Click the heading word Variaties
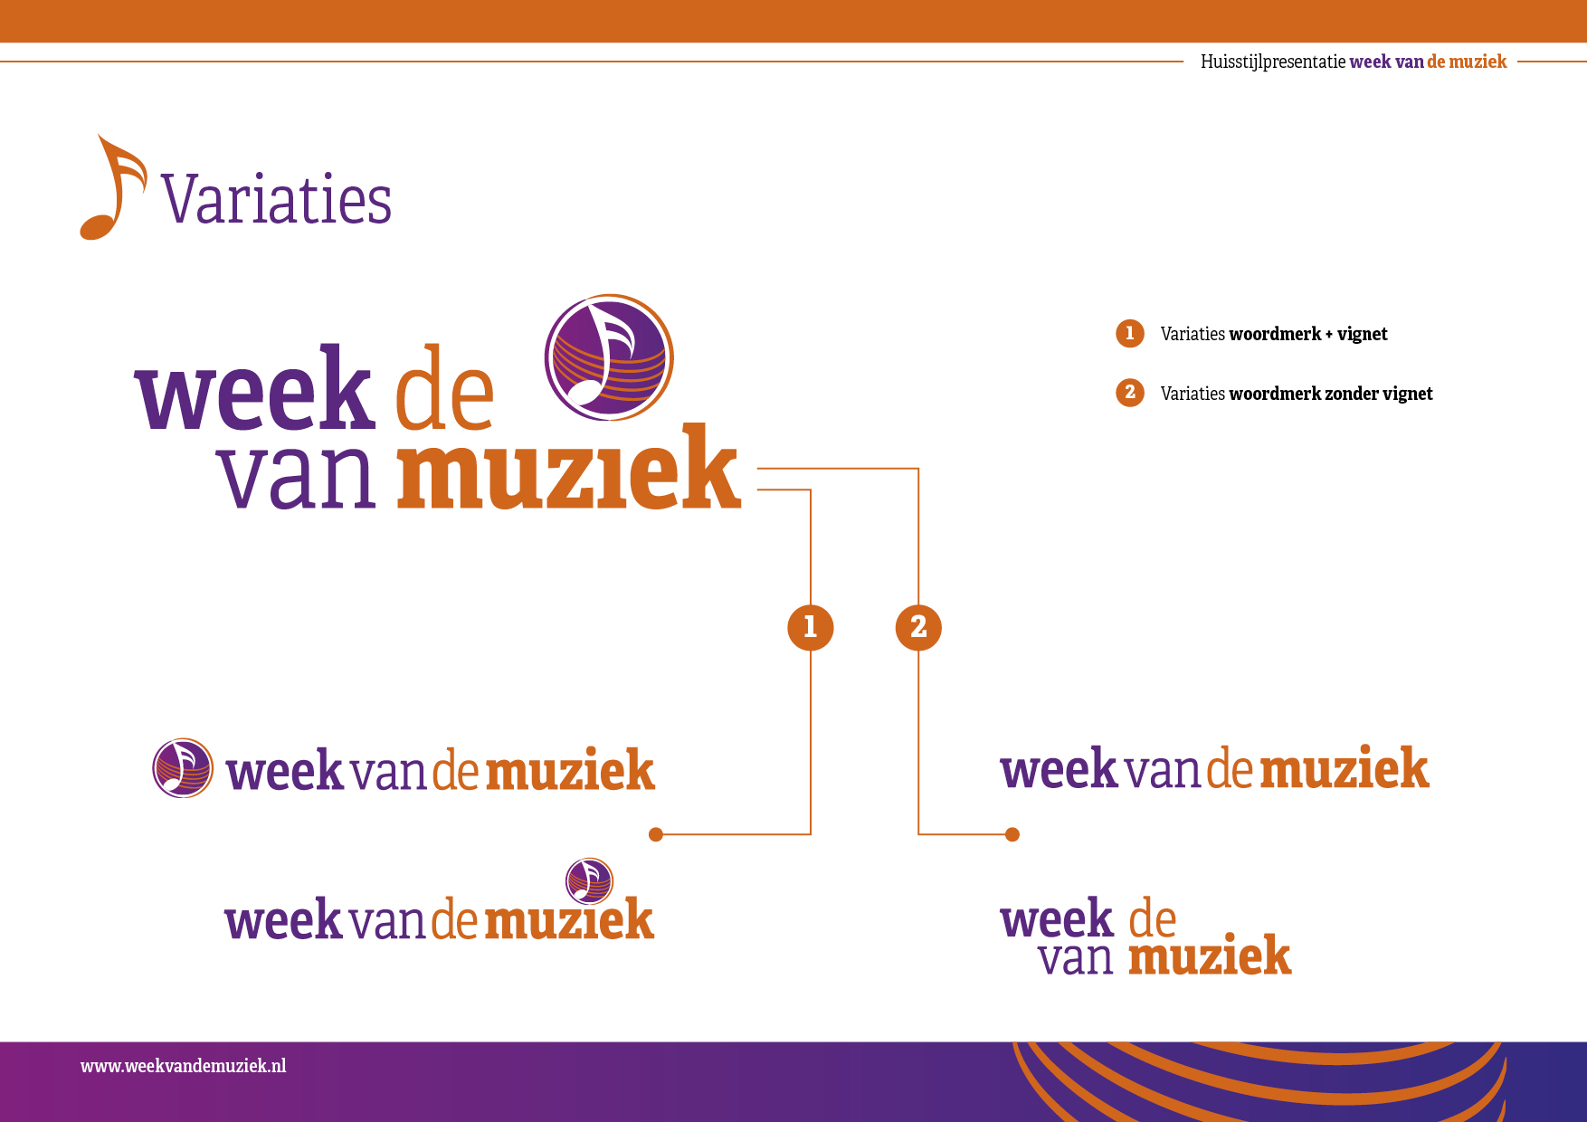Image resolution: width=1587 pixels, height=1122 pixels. pos(277,199)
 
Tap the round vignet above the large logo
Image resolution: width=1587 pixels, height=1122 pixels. pos(609,357)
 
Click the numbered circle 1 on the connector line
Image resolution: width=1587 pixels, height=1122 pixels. pos(811,627)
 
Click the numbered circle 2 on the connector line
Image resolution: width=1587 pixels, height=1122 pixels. pos(918,627)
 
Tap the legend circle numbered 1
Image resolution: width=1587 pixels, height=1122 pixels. pos(1130,334)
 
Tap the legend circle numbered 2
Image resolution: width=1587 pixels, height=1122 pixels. pos(1130,393)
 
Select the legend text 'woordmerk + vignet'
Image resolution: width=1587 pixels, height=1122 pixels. pos(1308,334)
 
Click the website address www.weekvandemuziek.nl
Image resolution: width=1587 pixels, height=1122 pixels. pos(184,1066)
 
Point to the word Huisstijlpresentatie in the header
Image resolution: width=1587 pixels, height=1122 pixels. pos(1273,62)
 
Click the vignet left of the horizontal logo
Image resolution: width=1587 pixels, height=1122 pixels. pos(183,768)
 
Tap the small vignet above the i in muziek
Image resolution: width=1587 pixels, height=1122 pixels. pos(589,881)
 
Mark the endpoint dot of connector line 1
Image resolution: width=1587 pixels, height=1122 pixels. pos(656,834)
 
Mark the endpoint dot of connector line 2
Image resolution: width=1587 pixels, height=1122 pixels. pos(1012,834)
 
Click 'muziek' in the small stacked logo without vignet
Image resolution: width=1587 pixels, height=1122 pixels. pos(1210,955)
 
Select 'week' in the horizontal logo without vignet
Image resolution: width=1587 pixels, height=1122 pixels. pos(1059,768)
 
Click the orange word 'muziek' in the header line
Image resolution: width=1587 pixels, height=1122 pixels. pos(1478,62)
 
